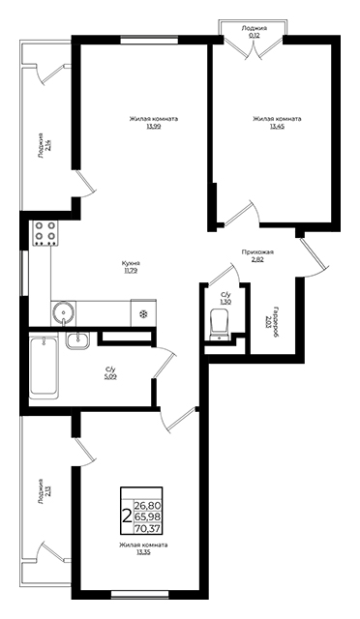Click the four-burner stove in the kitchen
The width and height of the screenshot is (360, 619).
click(45, 233)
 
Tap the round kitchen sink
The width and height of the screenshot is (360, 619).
click(63, 312)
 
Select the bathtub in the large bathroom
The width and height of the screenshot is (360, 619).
click(44, 365)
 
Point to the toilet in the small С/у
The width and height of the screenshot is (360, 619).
click(220, 323)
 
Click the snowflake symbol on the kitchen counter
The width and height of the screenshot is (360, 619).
click(143, 314)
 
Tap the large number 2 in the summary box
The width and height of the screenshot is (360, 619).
click(127, 516)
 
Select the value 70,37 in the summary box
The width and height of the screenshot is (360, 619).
click(149, 528)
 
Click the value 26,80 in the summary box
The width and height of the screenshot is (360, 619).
click(149, 505)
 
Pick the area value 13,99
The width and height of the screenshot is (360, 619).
click(153, 127)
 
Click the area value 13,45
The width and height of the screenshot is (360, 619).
click(277, 127)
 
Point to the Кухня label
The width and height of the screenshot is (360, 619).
click(131, 263)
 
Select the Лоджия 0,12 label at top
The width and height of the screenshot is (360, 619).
click(255, 31)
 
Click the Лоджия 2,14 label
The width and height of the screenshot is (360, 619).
click(44, 146)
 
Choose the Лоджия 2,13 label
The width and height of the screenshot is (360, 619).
click(44, 491)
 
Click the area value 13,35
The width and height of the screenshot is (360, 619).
click(143, 552)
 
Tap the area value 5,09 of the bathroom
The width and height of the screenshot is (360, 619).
click(110, 376)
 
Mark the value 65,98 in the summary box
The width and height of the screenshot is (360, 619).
click(149, 516)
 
